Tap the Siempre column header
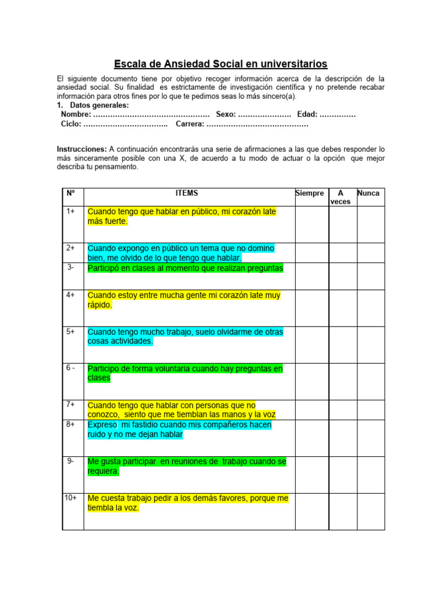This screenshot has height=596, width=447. (x=310, y=193)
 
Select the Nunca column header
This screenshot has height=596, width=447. (x=368, y=193)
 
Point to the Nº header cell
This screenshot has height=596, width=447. (x=71, y=193)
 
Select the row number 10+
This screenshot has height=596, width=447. (x=72, y=498)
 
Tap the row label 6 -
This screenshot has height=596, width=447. (x=70, y=368)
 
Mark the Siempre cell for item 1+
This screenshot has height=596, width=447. (x=311, y=224)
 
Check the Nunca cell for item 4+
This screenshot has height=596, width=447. (x=370, y=307)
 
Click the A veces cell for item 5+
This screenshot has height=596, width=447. (x=343, y=344)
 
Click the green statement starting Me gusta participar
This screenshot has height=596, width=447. (x=187, y=466)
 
